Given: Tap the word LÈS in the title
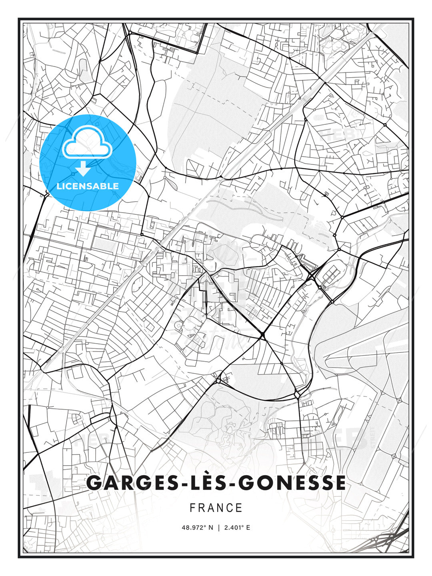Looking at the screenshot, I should coord(208,483).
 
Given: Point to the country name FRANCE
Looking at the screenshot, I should coord(216,508).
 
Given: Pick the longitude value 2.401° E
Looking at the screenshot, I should coord(237,528).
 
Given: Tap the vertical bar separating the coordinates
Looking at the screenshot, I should coord(219,528).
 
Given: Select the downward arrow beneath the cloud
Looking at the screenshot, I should coord(83,169).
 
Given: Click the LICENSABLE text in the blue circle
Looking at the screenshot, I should coord(88,186).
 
